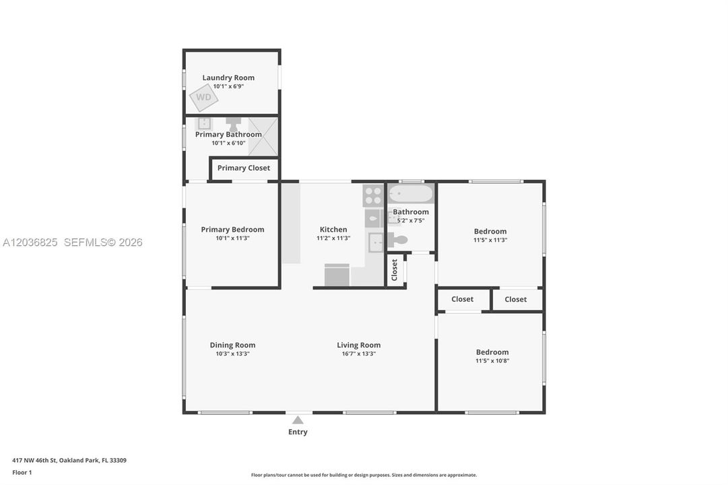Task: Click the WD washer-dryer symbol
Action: (203, 97)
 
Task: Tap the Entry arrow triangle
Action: (298, 420)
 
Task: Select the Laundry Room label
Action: (228, 77)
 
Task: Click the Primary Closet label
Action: (244, 168)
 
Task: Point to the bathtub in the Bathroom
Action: (410, 193)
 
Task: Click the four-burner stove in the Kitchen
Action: (373, 195)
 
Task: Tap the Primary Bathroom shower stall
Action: (263, 137)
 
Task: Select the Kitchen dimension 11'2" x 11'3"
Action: (333, 238)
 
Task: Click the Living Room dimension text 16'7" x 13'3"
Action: (359, 354)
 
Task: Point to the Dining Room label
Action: (232, 345)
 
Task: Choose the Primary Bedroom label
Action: (232, 230)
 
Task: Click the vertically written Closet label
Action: (395, 270)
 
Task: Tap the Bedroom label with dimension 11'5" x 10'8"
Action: (492, 352)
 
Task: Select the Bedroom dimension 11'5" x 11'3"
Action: (490, 240)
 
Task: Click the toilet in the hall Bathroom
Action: (397, 240)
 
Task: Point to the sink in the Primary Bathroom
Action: (204, 123)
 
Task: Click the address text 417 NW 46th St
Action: (34, 460)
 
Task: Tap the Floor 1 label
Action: (22, 472)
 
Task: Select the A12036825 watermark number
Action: (30, 243)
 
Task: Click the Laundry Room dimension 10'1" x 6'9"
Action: (228, 86)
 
